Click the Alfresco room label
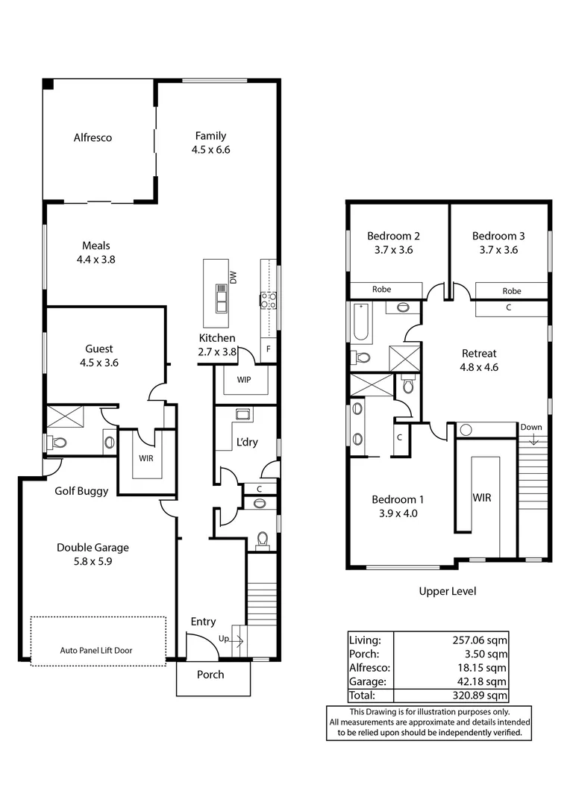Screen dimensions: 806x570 click(x=93, y=138)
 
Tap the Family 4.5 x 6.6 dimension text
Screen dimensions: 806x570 click(x=210, y=149)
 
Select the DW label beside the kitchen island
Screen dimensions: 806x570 click(x=234, y=278)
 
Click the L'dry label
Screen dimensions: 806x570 click(x=247, y=442)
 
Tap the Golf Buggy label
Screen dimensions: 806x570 click(x=81, y=491)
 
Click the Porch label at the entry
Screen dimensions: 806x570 click(x=210, y=675)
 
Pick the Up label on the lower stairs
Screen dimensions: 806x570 click(x=223, y=639)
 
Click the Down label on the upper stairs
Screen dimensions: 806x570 click(x=531, y=428)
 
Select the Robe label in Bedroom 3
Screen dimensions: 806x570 click(x=511, y=291)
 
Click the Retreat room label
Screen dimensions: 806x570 click(x=479, y=354)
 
